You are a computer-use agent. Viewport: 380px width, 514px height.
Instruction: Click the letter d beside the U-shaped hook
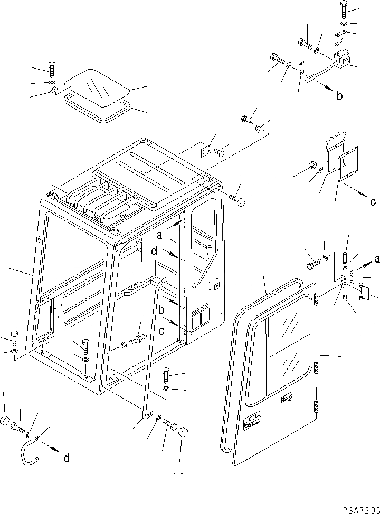[x=66, y=458]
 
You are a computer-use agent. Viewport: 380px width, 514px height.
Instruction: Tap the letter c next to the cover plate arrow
[x=372, y=201]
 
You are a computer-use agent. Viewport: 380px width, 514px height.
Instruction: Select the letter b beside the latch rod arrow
[x=339, y=95]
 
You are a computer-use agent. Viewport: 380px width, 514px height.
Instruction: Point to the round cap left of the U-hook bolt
[x=5, y=421]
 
